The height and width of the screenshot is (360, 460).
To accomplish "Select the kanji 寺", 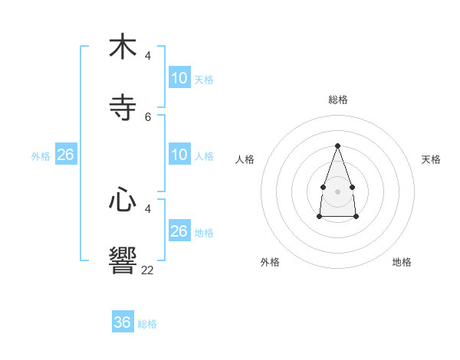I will tap(123, 107).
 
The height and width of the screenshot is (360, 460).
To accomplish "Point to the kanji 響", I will tap(123, 260).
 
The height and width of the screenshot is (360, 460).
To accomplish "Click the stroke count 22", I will tap(147, 270).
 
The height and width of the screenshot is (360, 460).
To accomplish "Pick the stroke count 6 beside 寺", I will tap(148, 116).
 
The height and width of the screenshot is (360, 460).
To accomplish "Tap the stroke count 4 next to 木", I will tap(148, 55).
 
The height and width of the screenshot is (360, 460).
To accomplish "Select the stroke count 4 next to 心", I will tap(148, 208).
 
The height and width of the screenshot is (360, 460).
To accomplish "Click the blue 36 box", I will tap(123, 322).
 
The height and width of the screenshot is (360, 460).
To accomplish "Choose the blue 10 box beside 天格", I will tap(179, 78).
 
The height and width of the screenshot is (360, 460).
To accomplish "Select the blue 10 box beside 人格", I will tap(179, 155).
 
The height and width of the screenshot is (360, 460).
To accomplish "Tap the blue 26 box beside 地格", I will tap(179, 231).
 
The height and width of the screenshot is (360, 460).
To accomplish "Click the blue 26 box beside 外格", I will tap(66, 155).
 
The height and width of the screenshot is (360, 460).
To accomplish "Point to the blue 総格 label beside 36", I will tap(147, 324).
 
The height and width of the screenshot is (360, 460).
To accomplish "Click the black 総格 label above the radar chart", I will tap(338, 100).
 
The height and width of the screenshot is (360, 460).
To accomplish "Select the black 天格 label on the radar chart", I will tap(431, 159).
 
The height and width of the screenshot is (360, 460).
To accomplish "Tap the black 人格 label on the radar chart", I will tap(245, 159).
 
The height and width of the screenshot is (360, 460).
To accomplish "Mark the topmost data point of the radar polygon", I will tap(337, 146).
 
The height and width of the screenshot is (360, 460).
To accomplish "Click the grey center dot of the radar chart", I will tap(337, 191).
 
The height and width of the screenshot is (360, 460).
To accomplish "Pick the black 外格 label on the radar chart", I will tap(270, 262).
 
